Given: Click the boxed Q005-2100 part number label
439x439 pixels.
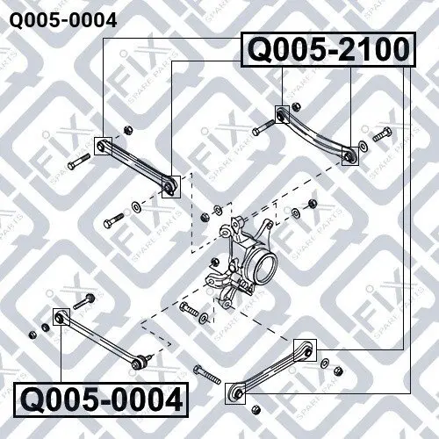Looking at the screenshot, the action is pos(327,50).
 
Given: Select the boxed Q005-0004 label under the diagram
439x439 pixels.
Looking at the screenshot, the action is pos(101,399).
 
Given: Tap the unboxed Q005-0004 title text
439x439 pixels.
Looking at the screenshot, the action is pos(63,20).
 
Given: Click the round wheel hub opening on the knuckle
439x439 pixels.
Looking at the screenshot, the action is pos(266,267).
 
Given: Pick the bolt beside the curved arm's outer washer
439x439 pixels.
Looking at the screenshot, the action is pos(382,134).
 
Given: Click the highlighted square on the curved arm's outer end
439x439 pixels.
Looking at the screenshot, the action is pos(350,156).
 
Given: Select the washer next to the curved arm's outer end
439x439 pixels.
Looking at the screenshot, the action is pos(363,146).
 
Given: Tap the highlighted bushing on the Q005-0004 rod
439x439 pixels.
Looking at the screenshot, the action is pos(61,317).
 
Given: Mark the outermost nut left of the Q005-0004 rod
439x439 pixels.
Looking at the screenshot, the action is pos(33,335).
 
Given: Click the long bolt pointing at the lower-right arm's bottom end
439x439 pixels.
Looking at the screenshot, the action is pos(207,375).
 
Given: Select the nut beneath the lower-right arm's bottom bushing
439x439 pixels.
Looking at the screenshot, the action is pos(255,409).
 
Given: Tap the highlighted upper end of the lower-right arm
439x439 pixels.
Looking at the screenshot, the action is pos(306,350).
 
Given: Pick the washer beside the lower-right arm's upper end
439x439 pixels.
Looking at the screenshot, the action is pos(325,363).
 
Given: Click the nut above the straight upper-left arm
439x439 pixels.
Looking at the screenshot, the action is pos(127,129).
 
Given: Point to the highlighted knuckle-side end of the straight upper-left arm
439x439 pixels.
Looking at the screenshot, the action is pos(171,187).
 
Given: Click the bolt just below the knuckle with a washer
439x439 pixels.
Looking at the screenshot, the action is pos(190,308).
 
